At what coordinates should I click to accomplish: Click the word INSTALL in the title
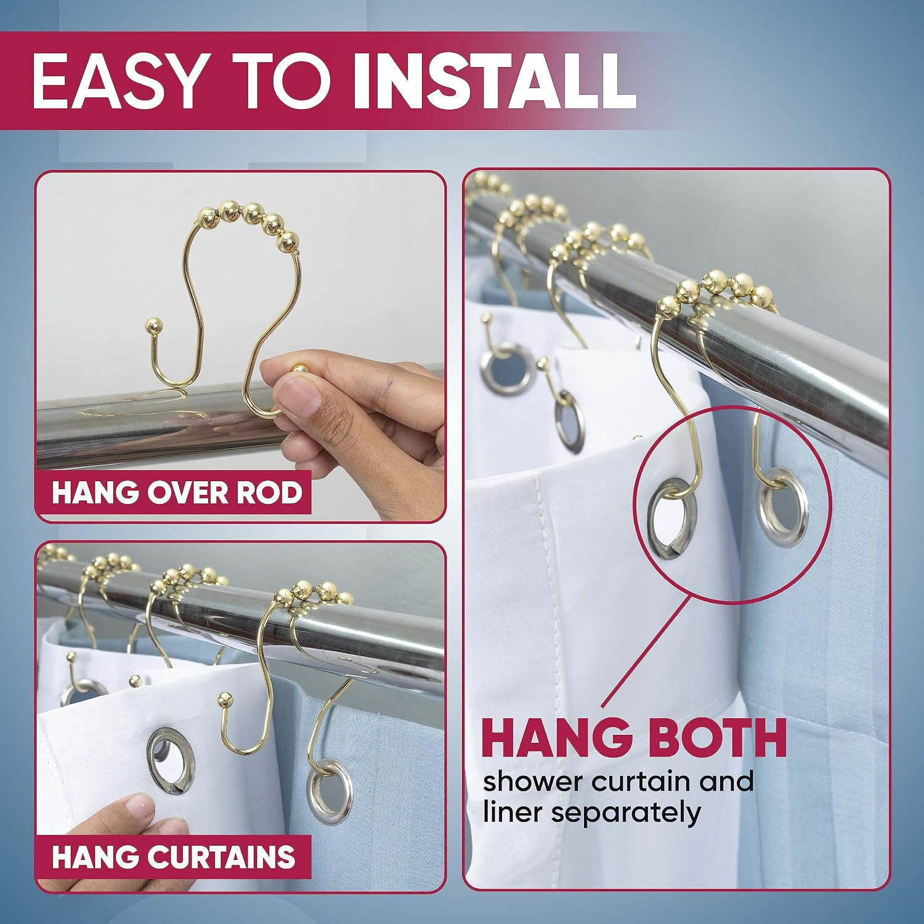pyautogui.click(x=495, y=81)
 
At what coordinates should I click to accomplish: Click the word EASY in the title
pyautogui.click(x=118, y=81)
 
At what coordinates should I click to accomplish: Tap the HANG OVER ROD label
pyautogui.click(x=177, y=493)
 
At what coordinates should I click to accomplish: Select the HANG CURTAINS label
pyautogui.click(x=174, y=857)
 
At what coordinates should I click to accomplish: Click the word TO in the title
pyautogui.click(x=278, y=81)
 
